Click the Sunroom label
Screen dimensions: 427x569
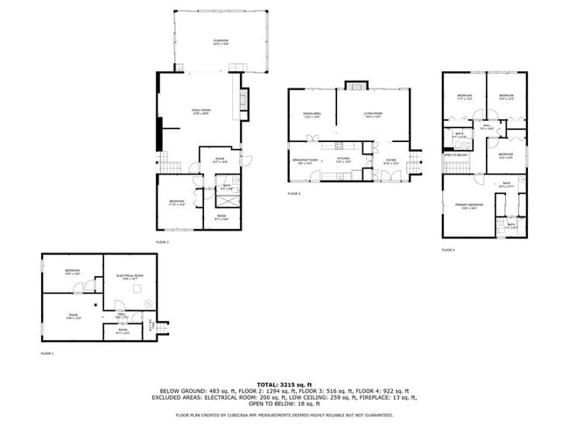(221, 42)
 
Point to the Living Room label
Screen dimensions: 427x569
(375, 115)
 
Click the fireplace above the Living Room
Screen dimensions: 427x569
(355, 86)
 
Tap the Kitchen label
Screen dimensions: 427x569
(344, 160)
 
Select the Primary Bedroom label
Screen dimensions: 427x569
(468, 206)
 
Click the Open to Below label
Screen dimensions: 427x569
(455, 155)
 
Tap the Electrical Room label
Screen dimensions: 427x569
(129, 277)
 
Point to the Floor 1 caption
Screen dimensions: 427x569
(47, 353)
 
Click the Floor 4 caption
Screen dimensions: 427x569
(448, 250)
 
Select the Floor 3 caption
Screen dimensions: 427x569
(294, 194)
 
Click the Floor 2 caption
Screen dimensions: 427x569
(162, 242)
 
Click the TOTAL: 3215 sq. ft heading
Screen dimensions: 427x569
(284, 384)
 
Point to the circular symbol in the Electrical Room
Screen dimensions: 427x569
(148, 304)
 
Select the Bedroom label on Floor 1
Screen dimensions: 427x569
(72, 271)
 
